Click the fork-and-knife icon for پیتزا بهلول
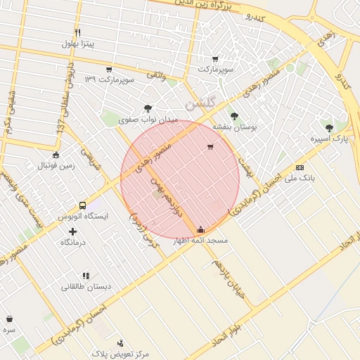[x=78, y=32]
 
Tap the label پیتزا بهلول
[x=78, y=44]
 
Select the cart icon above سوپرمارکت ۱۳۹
[x=109, y=70]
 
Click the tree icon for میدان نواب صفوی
[x=147, y=108]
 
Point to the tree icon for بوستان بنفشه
[x=234, y=116]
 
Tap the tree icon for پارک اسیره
[x=329, y=128]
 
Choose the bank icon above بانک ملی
[x=300, y=167]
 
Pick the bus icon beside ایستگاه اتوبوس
[x=83, y=206]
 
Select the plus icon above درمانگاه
[x=72, y=231]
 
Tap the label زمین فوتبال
[x=56, y=165]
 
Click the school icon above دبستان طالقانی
[x=86, y=276]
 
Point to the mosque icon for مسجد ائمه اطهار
[x=201, y=230]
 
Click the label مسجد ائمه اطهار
[x=201, y=240]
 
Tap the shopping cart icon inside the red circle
[x=210, y=147]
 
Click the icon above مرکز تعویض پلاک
[x=120, y=343]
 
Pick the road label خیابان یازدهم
[x=228, y=278]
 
